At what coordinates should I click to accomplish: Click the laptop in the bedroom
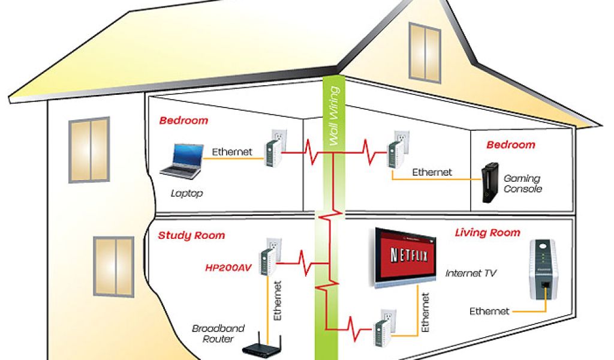pos(180,161)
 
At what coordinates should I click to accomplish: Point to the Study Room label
pos(191,235)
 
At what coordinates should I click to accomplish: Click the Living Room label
pos(487,232)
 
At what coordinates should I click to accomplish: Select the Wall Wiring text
pos(335,116)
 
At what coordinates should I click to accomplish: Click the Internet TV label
pos(471,274)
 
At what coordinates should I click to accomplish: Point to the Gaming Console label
pos(522,184)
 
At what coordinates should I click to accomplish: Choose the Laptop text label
pos(187,193)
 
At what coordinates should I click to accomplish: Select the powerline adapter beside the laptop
pos(274,146)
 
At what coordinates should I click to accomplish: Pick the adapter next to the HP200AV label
pos(267,259)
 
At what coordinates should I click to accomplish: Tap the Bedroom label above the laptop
pos(183,120)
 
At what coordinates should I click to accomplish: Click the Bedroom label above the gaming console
pos(510,145)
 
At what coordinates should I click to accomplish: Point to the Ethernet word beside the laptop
pos(232,152)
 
